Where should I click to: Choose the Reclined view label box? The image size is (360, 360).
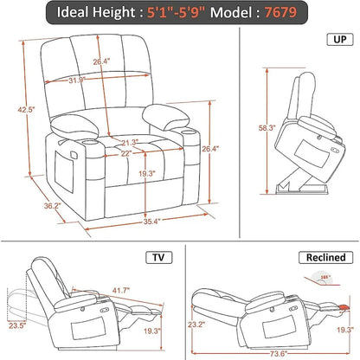[x=324, y=257]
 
